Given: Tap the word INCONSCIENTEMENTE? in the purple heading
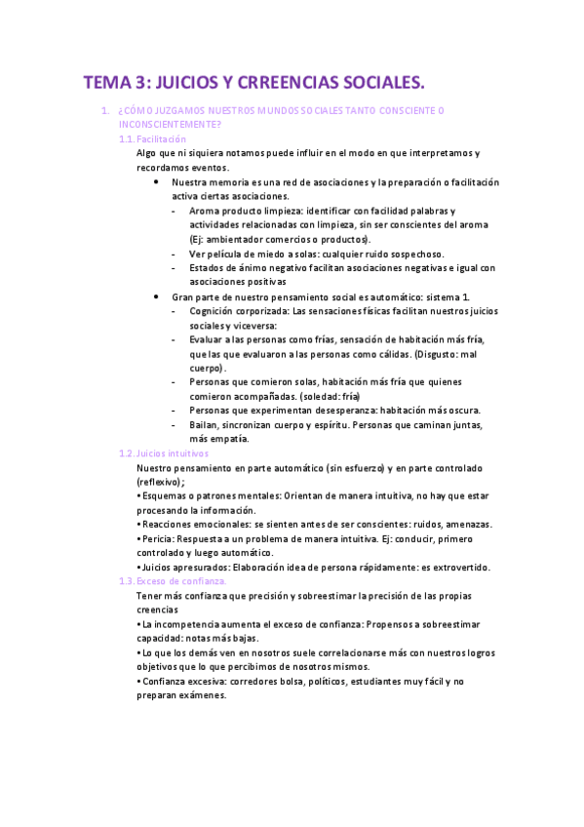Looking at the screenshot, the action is [169, 125].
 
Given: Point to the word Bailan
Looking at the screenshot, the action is [204, 424].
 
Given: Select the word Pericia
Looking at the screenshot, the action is [159, 537].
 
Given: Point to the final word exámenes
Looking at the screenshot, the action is [201, 695].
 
